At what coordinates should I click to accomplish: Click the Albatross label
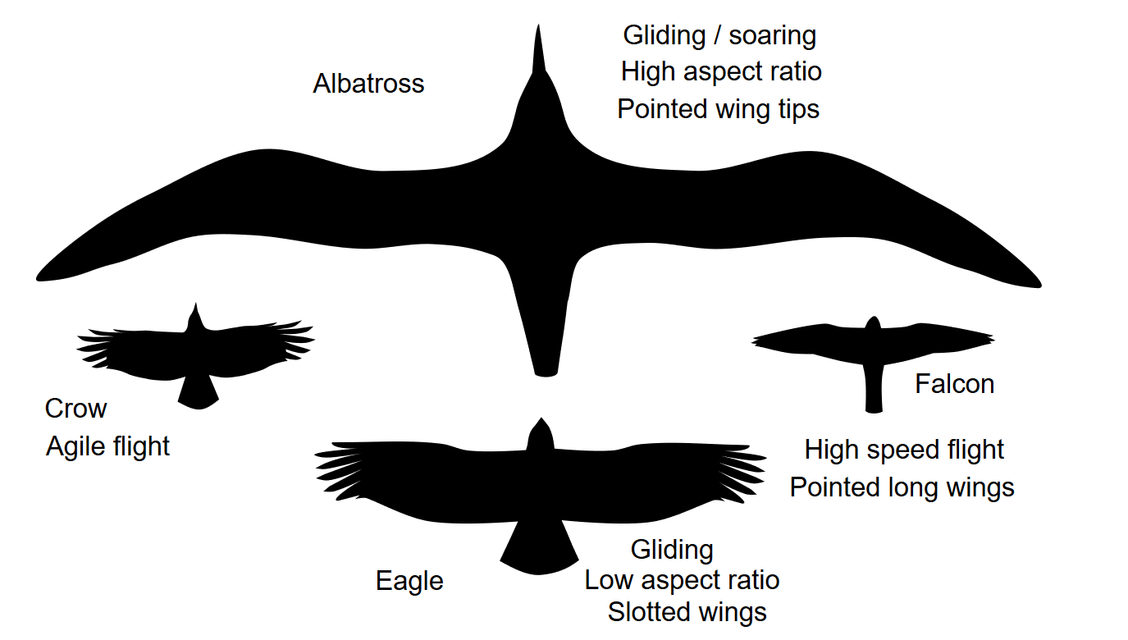pos(368,84)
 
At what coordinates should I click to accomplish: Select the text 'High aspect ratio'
pos(721,72)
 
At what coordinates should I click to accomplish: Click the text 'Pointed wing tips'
pos(718,109)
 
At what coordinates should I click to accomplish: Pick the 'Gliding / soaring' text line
pos(719,35)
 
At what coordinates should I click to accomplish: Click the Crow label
pos(75,408)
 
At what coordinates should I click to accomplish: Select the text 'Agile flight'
pos(107,446)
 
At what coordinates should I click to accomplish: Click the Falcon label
pos(954,384)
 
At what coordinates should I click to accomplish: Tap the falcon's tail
pos(874,394)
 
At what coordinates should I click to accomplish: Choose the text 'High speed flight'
pos(904,450)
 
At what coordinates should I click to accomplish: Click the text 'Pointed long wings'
pos(902,487)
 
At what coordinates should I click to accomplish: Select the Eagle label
pos(409,581)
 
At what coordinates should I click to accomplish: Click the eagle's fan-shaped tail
pos(538,550)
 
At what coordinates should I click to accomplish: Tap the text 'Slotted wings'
pos(687,612)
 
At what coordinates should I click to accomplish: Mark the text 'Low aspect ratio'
pos(682,581)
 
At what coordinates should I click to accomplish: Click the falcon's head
pos(873,325)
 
